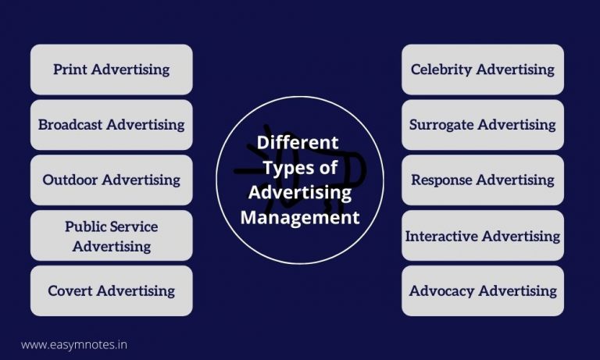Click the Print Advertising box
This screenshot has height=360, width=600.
111,70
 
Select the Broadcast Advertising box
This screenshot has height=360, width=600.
111,125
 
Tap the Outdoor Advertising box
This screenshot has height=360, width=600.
111,180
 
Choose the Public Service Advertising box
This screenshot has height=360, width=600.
111,236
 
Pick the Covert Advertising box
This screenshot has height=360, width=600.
111,290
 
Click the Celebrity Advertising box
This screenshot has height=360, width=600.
482,70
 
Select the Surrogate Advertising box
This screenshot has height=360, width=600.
482,125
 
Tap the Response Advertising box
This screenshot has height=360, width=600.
482,180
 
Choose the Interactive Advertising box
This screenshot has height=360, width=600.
482,236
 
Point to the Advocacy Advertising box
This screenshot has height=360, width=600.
482,290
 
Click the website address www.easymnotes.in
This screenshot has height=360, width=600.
73,344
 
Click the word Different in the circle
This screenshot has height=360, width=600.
298,143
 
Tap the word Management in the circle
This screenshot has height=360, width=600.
300,218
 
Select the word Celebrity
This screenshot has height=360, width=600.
441,70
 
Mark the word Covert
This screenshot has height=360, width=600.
70,290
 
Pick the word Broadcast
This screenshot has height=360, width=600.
70,125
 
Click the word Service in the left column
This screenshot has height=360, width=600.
134,227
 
